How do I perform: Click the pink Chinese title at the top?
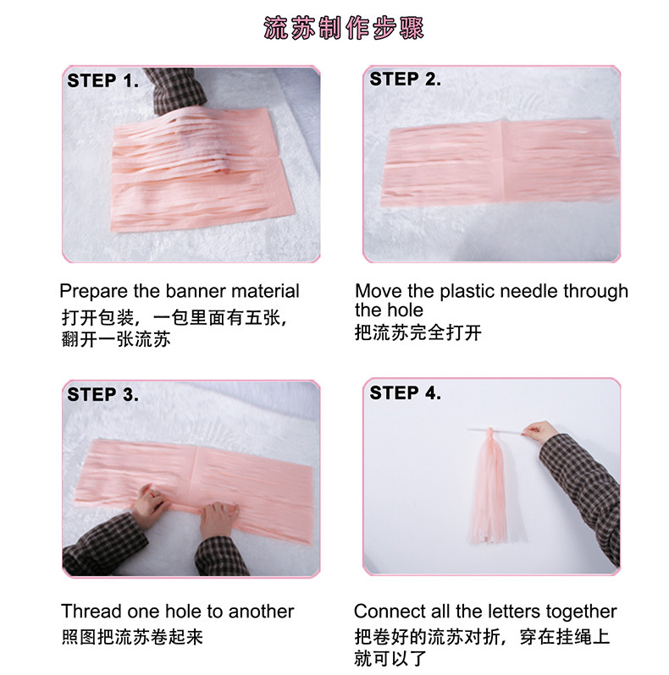click(343, 28)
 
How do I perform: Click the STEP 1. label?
click(102, 81)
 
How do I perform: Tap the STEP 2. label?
click(405, 80)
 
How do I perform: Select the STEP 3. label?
click(102, 394)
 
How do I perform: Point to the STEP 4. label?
click(405, 393)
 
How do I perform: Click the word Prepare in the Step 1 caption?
click(94, 292)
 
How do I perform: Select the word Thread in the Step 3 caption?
click(91, 611)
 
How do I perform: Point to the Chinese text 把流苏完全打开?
click(418, 332)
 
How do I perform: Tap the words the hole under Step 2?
click(389, 311)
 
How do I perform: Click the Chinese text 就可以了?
click(390, 657)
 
